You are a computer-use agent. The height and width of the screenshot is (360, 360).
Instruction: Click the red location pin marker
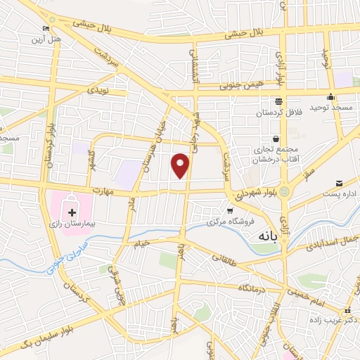(181, 166)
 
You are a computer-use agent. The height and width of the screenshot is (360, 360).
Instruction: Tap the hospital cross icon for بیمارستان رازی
(72, 212)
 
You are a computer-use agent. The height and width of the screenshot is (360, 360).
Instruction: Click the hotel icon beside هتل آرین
(46, 28)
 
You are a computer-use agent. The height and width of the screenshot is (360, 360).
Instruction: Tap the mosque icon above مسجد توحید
(330, 96)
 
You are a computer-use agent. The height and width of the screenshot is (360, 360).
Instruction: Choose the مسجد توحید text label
(333, 106)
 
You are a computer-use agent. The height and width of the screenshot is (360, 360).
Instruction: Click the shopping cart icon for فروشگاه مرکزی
(229, 210)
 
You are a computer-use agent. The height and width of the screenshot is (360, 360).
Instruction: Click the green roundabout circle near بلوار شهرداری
(284, 192)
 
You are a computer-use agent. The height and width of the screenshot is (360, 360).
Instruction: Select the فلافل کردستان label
(278, 113)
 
